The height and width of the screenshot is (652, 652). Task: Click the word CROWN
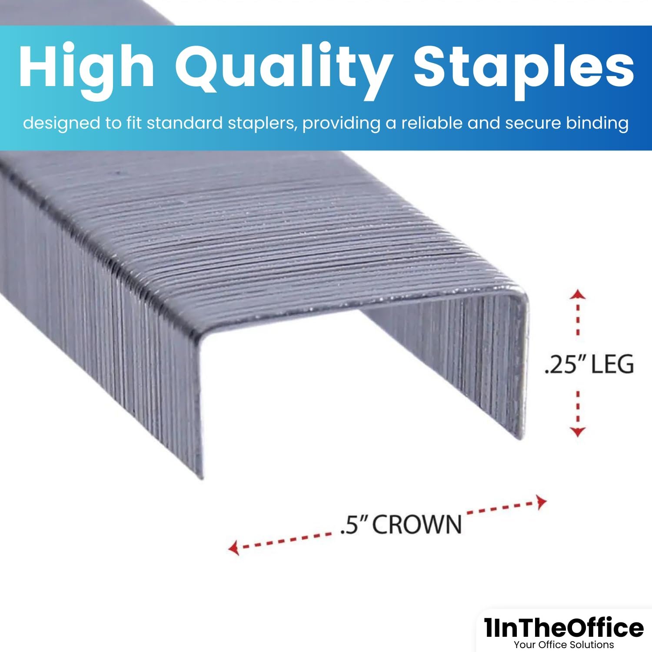tap(417, 524)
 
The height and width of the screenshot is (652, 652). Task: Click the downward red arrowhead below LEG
tap(578, 432)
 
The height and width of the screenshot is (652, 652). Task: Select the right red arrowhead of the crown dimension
tap(541, 502)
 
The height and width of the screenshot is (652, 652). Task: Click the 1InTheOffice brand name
tap(564, 628)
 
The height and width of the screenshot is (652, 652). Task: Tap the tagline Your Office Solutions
tap(564, 645)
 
